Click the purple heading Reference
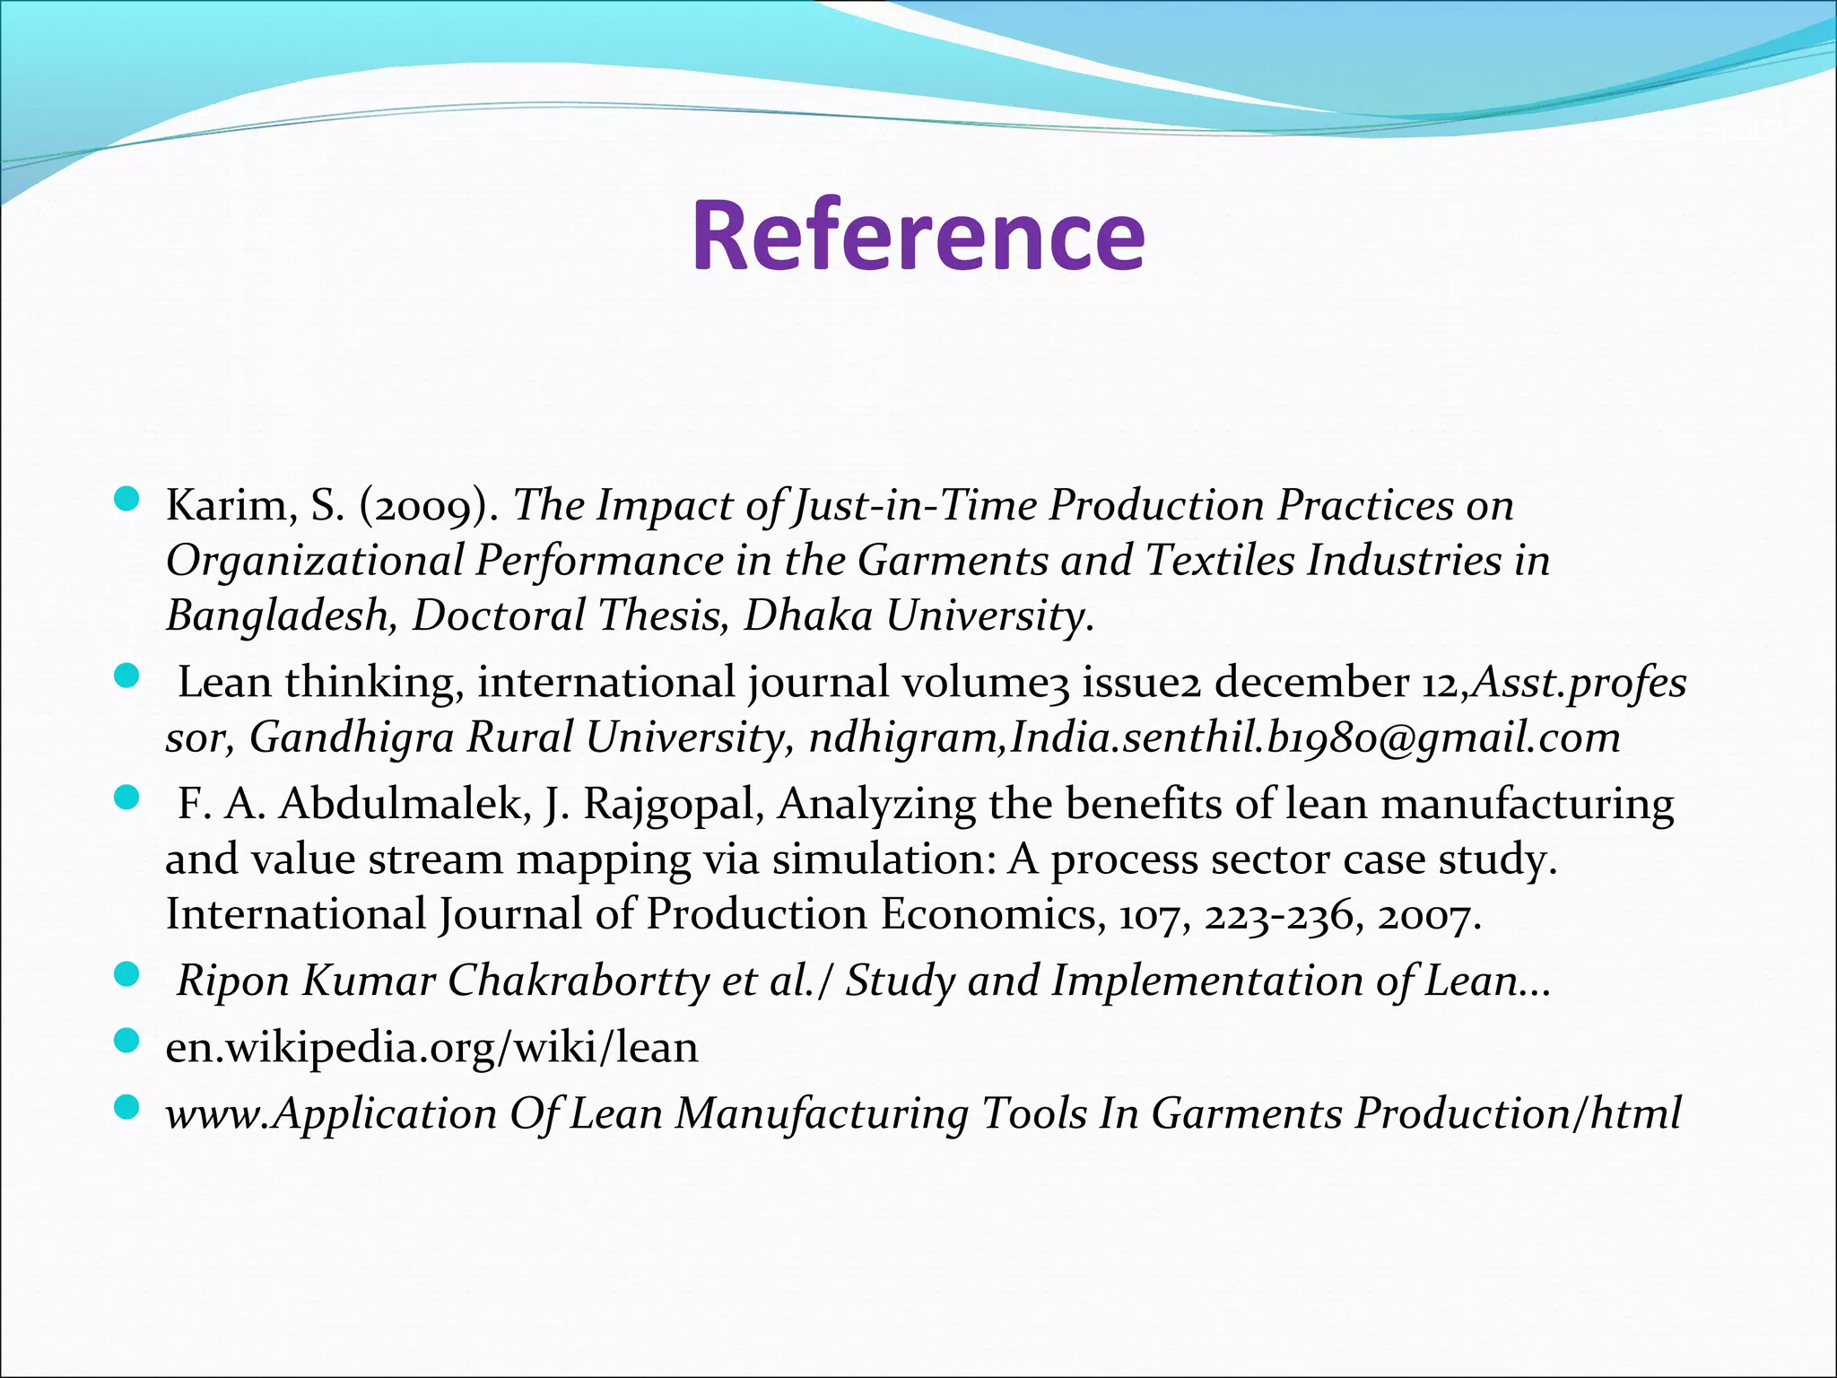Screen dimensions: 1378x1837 [918, 235]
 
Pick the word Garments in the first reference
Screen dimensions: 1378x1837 [952, 562]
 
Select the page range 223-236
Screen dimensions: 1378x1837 [1278, 916]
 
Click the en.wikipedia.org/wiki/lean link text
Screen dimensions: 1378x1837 [431, 1047]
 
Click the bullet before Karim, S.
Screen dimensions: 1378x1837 [127, 500]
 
